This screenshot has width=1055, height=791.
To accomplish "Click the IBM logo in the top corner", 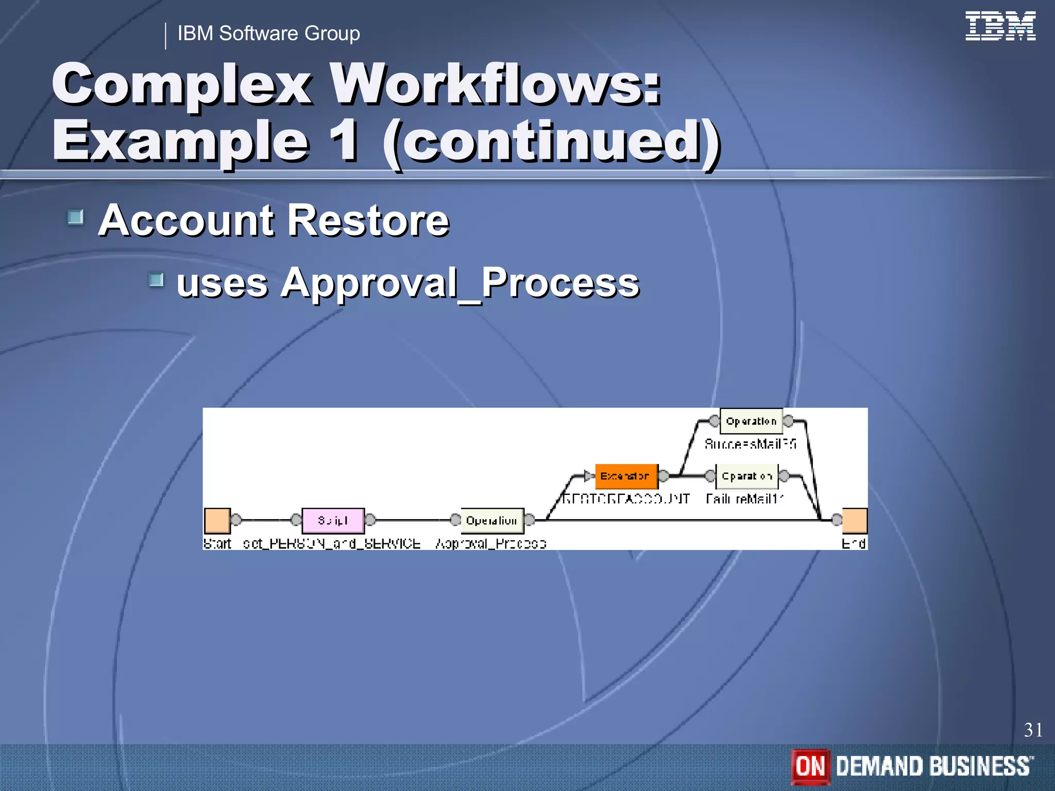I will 1000,26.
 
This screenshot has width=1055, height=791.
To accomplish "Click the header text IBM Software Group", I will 268,33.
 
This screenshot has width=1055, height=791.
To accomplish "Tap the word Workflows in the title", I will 495,84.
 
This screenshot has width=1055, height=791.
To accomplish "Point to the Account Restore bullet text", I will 274,220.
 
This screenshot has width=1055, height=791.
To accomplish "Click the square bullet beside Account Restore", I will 76,217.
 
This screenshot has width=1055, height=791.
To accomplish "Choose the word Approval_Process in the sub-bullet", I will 459,283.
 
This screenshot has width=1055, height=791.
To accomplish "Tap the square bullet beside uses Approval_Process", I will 156,280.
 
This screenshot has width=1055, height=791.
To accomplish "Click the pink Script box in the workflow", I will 333,521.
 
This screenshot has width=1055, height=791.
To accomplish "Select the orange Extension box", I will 626,476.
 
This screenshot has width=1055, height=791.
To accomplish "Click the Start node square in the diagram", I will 217,521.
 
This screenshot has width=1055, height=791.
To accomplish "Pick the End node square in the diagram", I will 855,521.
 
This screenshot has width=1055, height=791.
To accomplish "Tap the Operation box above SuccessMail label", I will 751,421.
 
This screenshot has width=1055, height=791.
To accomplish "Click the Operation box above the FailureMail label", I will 746,476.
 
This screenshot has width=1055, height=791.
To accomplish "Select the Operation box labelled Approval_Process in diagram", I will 491,521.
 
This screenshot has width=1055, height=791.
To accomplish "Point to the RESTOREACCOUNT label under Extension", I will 626,498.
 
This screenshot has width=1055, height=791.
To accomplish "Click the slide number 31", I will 1033,730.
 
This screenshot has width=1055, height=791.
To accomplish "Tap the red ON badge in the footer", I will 810,766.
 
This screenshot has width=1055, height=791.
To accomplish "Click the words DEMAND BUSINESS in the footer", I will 934,766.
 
